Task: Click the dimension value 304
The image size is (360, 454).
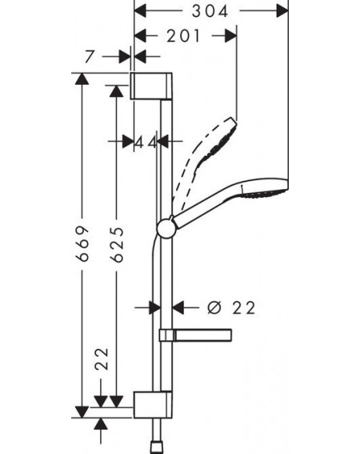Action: pyautogui.click(x=210, y=11)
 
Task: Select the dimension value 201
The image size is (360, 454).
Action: pyautogui.click(x=183, y=36)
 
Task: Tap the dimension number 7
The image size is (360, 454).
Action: pyautogui.click(x=90, y=56)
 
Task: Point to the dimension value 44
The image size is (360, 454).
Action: pyautogui.click(x=146, y=143)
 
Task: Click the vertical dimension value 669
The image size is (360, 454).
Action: pyautogui.click(x=82, y=243)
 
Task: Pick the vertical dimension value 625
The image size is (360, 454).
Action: pyautogui.click(x=118, y=245)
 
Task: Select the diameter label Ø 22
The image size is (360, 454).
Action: pyautogui.click(x=231, y=307)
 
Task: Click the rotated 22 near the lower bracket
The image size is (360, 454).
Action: pyautogui.click(x=102, y=359)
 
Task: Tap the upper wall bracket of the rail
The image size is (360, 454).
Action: pyautogui.click(x=151, y=86)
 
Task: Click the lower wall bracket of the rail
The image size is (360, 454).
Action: pyautogui.click(x=153, y=404)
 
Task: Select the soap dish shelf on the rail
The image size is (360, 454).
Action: pyautogui.click(x=195, y=335)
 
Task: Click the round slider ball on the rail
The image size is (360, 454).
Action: pyautogui.click(x=166, y=229)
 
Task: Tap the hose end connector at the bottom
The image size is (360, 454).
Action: pyautogui.click(x=158, y=448)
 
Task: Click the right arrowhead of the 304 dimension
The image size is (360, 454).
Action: pyautogui.click(x=282, y=11)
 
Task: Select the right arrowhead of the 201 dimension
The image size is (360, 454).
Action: pyautogui.click(x=230, y=35)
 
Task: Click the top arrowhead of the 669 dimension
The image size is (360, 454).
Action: pyautogui.click(x=82, y=78)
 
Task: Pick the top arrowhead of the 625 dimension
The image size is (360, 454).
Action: pyautogui.click(x=117, y=91)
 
